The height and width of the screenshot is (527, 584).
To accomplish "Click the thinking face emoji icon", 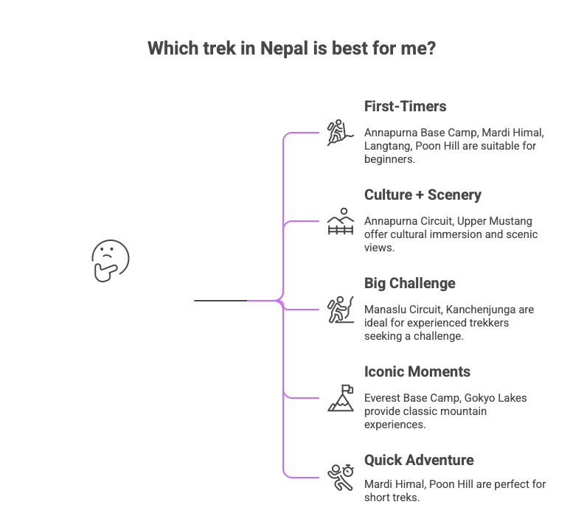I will tap(111, 260).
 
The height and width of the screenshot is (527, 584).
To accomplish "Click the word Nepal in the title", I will tap(289, 49).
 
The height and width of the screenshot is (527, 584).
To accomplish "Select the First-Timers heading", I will tap(405, 106).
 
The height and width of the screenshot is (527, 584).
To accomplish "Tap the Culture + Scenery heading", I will tap(423, 195).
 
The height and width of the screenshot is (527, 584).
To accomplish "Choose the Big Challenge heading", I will tap(409, 283).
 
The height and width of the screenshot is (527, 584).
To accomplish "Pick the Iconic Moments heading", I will tap(417, 371).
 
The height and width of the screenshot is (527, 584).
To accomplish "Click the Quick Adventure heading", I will tap(419, 460).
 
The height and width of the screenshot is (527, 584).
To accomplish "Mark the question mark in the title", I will tap(431, 49).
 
